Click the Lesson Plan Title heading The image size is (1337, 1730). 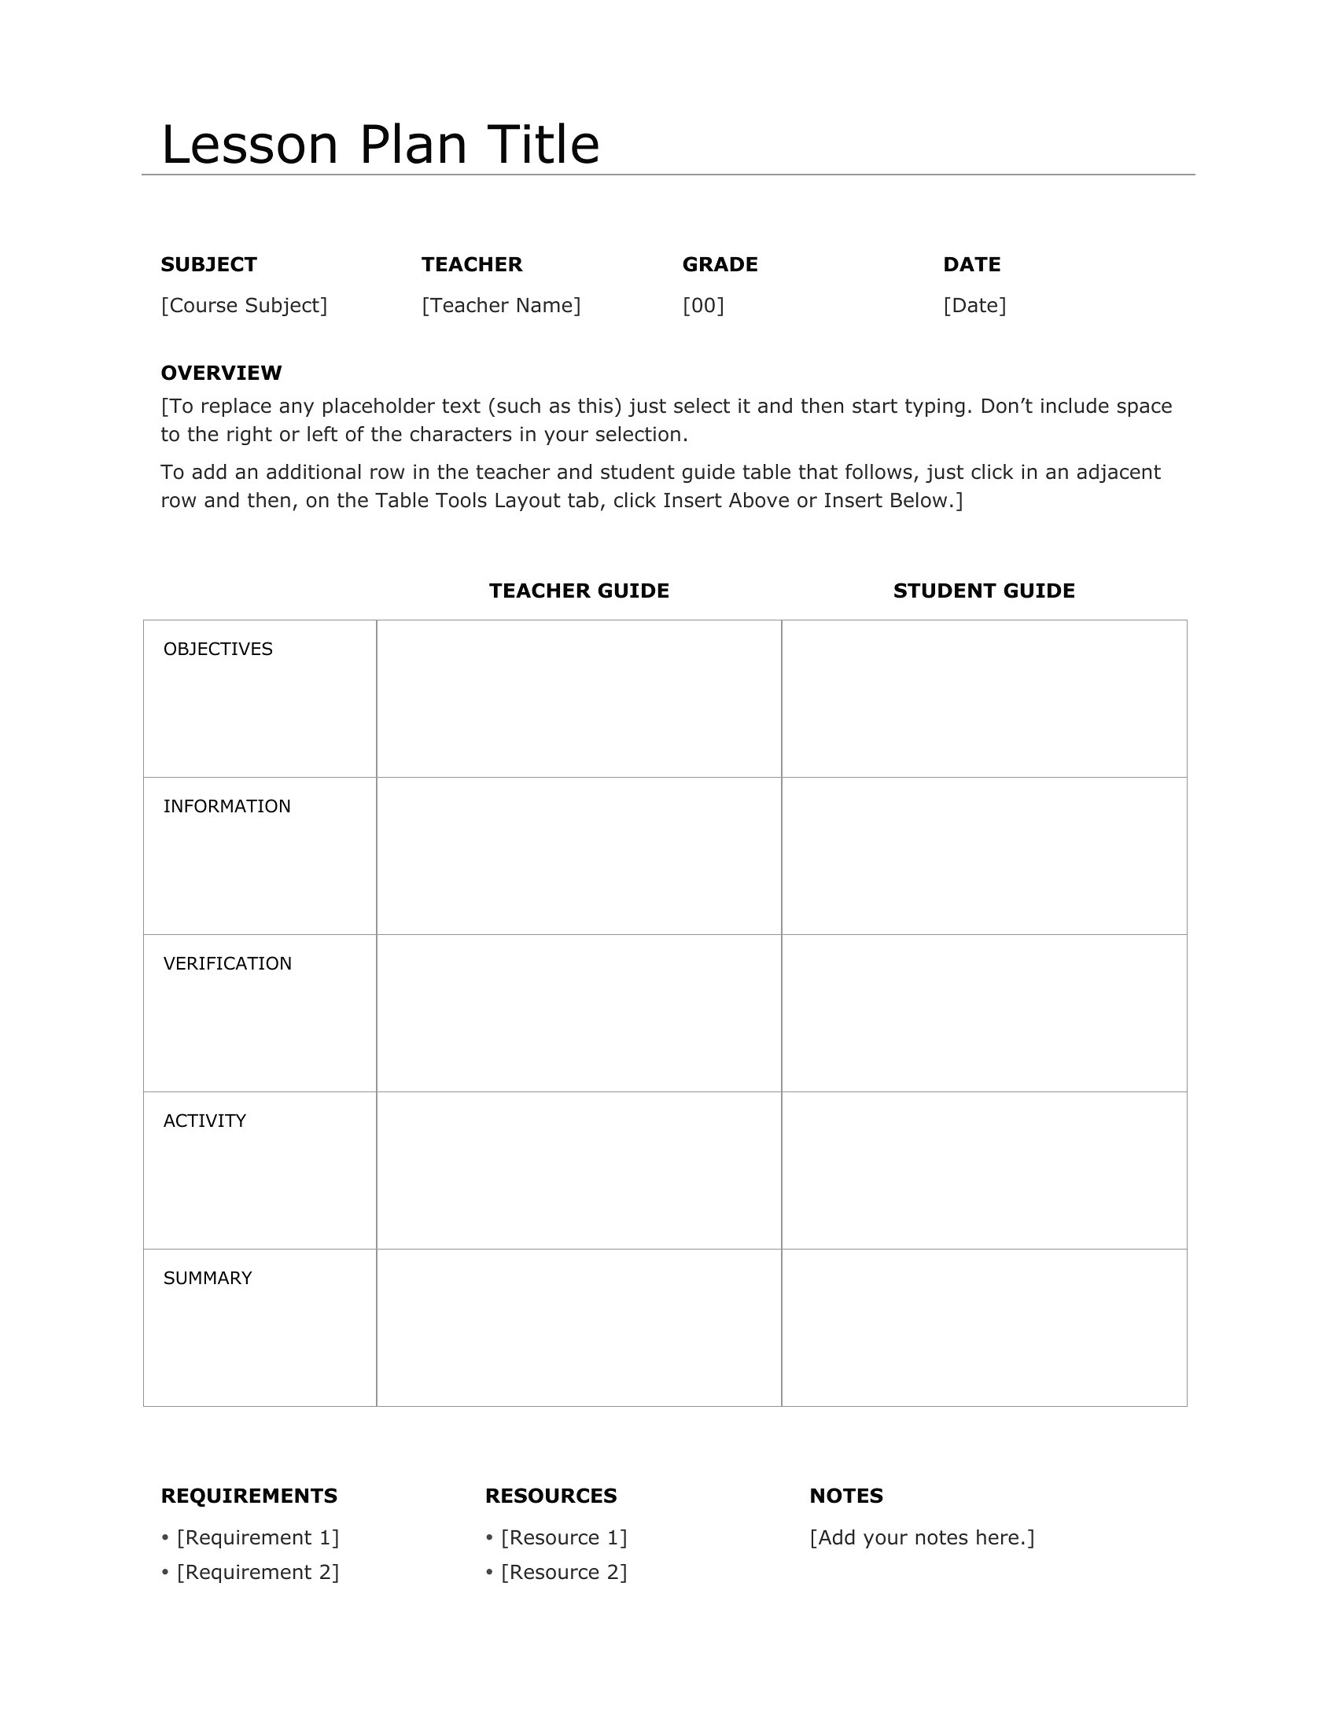[380, 145]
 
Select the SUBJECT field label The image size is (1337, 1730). [209, 264]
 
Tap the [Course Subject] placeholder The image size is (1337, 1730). [244, 306]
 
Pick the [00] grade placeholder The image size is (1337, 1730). [703, 306]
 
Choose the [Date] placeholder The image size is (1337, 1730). [974, 306]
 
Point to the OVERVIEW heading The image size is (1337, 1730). [221, 373]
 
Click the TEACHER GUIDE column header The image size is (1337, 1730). [579, 591]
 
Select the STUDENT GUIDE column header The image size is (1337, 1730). [984, 591]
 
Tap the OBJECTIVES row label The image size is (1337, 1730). [218, 650]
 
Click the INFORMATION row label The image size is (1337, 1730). [227, 806]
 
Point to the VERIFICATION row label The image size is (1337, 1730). [227, 964]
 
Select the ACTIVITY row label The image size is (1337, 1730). [204, 1121]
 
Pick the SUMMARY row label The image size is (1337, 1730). [208, 1279]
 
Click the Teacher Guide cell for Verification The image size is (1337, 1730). [579, 1013]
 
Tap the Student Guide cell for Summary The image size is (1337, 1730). [984, 1328]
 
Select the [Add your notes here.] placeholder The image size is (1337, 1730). [922, 1537]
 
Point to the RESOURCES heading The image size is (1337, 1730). [551, 1496]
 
